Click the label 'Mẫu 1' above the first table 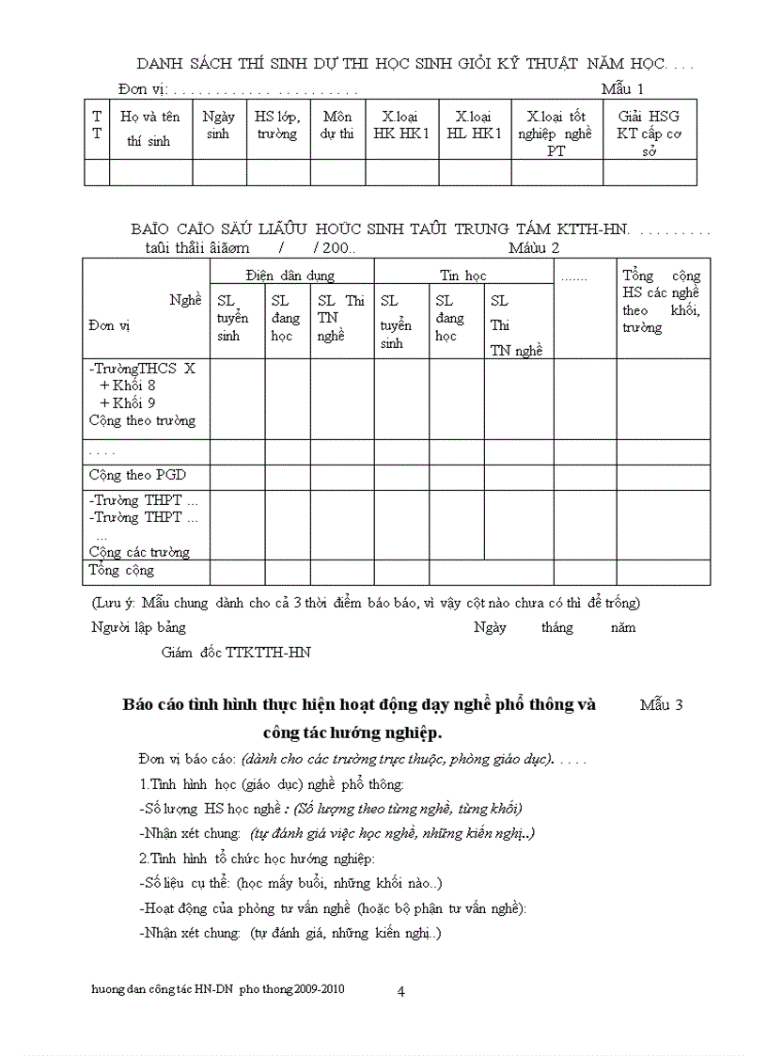tap(622, 89)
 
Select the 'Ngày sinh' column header tap(217, 125)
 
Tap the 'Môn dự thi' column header tap(337, 125)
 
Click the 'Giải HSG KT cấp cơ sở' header tap(649, 133)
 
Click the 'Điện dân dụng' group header tap(290, 276)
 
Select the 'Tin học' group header tap(462, 276)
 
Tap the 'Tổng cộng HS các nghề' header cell tap(661, 301)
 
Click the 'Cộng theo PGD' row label tap(137, 475)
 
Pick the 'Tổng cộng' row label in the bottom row tap(121, 570)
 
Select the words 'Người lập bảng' tap(138, 627)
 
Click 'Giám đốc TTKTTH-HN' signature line tap(236, 652)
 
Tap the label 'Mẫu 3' tap(661, 704)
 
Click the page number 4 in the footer tap(400, 991)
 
